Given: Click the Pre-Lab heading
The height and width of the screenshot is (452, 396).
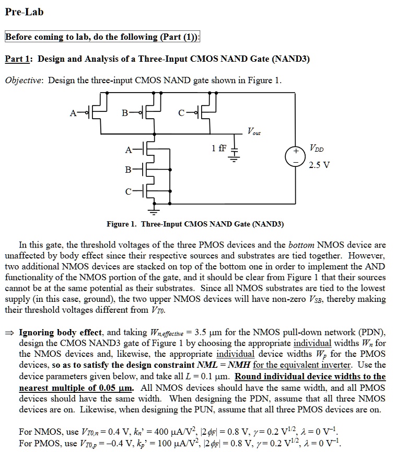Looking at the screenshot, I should point(24,12).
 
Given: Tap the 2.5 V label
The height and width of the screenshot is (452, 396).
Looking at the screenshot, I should point(319,165).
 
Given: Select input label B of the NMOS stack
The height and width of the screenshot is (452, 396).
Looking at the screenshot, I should point(128,170).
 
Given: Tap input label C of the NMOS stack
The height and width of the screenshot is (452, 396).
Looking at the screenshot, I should point(128,192).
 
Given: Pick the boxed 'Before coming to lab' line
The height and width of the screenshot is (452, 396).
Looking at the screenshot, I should point(103,37).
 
